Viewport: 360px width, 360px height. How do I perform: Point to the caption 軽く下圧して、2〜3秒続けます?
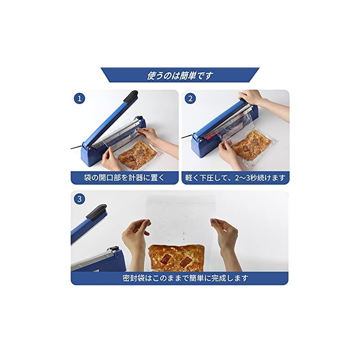[x=235, y=177]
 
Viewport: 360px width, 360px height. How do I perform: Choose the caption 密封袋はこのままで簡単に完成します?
[x=180, y=278]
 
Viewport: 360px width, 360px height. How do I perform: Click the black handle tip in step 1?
[x=131, y=96]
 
